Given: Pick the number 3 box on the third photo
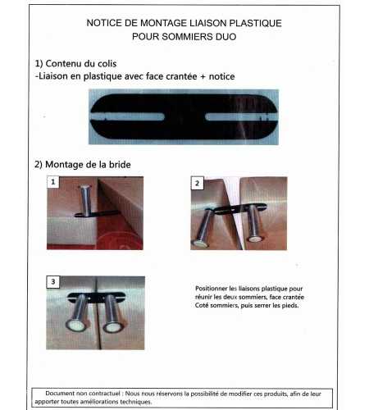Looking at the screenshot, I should click(x=53, y=282).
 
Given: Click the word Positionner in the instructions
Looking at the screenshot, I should click(x=215, y=289).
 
